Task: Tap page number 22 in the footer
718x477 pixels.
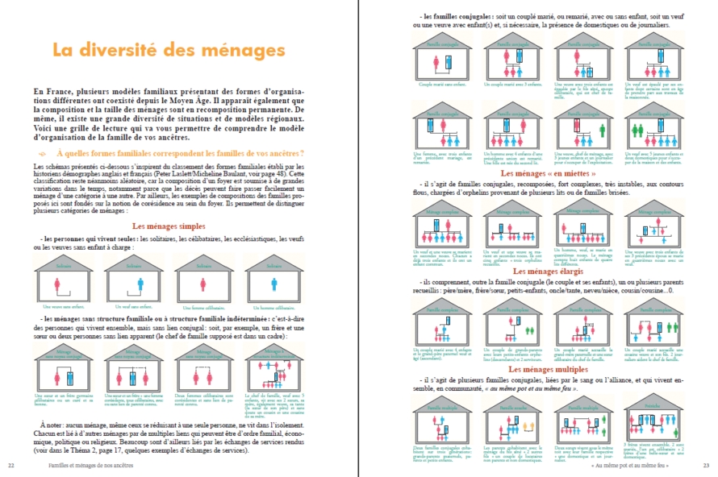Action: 11,465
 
